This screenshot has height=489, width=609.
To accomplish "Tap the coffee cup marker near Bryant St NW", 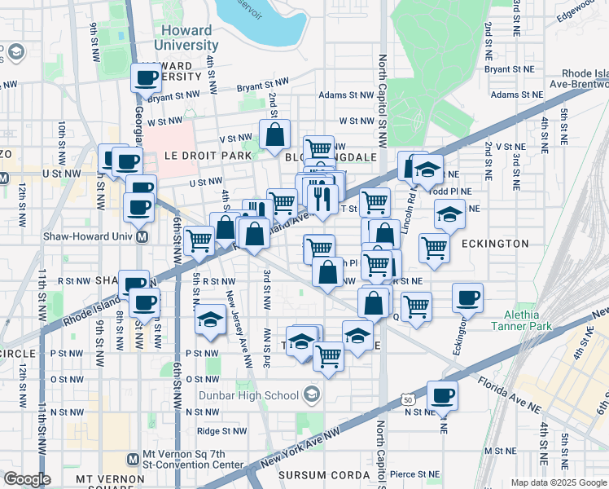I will [147, 78].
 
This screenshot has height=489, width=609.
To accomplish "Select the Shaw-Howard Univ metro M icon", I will [142, 238].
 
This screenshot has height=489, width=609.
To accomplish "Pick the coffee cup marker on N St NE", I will [442, 396].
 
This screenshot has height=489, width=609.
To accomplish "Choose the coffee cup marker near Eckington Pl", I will [467, 298].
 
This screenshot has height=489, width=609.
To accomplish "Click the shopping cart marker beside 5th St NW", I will [199, 240].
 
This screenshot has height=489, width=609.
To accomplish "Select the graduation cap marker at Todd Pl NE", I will [449, 214].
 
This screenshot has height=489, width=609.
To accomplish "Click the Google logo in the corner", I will [27, 479].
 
